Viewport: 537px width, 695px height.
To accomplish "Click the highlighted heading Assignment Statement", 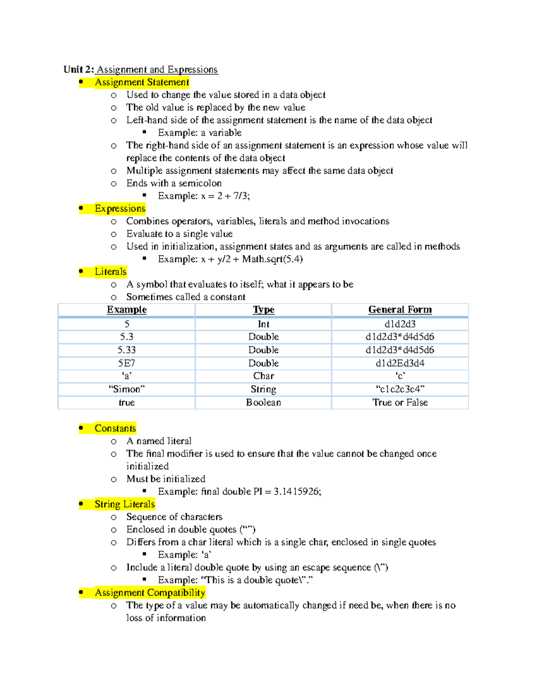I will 142,82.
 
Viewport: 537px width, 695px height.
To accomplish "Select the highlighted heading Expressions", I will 120,209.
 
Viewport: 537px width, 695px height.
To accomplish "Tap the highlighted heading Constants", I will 115,428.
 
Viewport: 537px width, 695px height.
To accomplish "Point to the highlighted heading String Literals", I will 124,504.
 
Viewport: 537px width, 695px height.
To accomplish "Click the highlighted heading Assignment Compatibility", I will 150,593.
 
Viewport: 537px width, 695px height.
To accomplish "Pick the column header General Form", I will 400,310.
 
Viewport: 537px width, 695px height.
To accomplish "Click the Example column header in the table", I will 127,310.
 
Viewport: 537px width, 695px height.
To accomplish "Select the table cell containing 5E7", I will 127,363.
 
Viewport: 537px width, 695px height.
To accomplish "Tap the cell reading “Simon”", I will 127,389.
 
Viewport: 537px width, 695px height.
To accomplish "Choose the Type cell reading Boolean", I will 263,403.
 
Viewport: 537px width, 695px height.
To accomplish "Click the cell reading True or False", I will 400,403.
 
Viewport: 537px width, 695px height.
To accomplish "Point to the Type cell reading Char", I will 263,376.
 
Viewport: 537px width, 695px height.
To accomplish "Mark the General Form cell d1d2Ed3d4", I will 400,363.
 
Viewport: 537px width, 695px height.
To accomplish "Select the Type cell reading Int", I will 263,324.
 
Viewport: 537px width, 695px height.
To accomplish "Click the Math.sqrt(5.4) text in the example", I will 273,259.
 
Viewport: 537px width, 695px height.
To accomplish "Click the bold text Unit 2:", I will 78,69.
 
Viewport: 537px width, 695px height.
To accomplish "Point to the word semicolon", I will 200,183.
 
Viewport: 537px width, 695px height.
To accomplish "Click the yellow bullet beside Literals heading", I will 81,271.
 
